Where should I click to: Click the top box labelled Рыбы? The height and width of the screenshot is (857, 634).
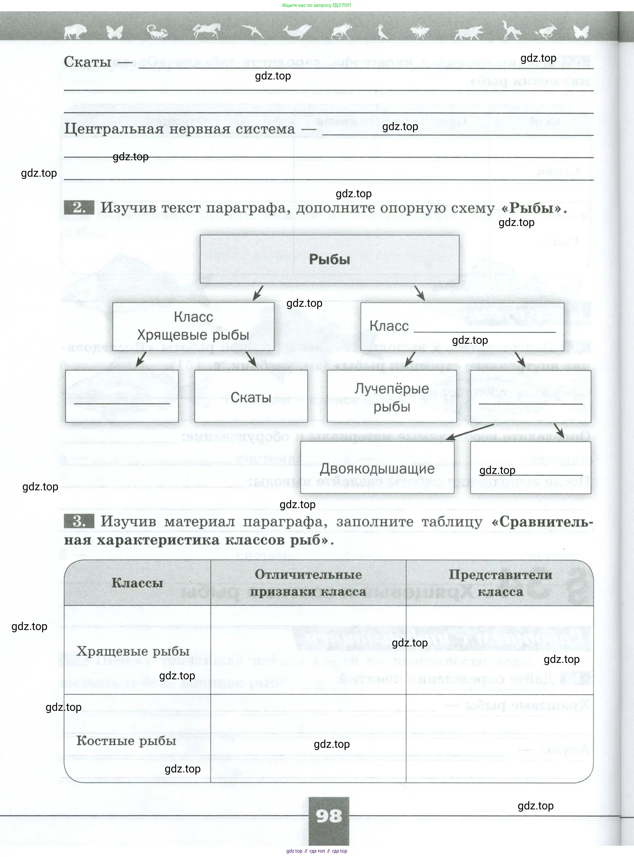(329, 259)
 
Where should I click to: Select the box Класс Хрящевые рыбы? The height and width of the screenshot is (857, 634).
(193, 326)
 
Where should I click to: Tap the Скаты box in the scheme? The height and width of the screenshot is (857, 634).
(250, 396)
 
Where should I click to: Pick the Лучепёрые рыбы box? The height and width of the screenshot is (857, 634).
(391, 396)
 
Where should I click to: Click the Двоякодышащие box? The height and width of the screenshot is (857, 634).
(377, 468)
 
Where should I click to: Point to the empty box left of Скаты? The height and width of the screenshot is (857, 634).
(122, 396)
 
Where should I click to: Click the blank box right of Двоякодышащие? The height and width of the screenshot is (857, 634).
(530, 467)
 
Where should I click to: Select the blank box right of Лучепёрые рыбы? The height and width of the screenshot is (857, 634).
(530, 396)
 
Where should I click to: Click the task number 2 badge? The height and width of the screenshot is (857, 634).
(79, 208)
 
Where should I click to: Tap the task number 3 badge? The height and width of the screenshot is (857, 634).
(79, 521)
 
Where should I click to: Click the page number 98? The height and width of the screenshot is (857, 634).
(329, 816)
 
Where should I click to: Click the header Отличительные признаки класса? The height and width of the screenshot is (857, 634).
(308, 583)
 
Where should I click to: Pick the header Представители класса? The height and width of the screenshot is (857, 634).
(500, 583)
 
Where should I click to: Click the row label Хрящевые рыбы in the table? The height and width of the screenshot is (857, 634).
(133, 651)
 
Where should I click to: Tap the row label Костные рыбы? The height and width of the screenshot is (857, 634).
(126, 740)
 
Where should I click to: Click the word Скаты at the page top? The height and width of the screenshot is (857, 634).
(88, 61)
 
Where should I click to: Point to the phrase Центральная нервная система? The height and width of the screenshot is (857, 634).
(179, 129)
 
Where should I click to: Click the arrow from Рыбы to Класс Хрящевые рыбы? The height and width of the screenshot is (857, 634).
(258, 293)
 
